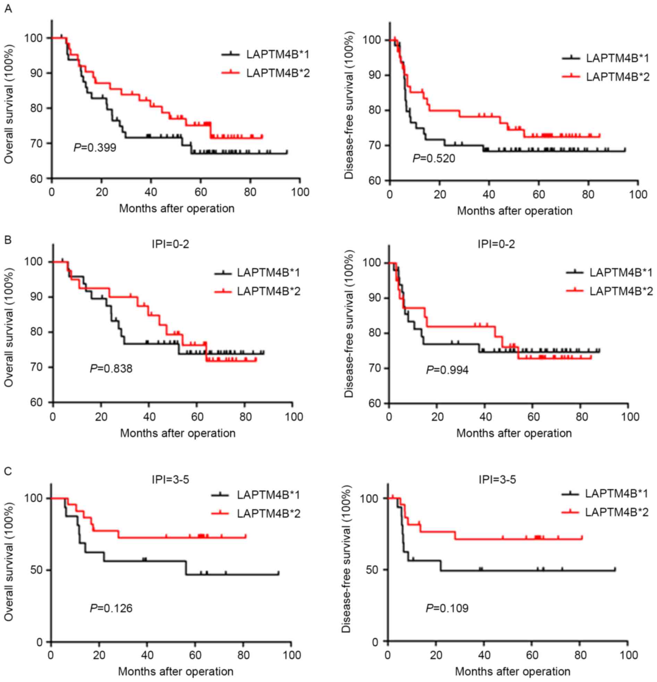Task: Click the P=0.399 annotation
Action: pyautogui.click(x=95, y=147)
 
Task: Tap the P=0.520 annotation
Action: pyautogui.click(x=433, y=159)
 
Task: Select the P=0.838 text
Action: pyautogui.click(x=111, y=368)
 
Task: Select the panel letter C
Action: pyautogui.click(x=8, y=471)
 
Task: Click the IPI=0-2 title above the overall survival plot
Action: pyautogui.click(x=170, y=244)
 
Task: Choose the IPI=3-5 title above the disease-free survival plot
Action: pyautogui.click(x=497, y=480)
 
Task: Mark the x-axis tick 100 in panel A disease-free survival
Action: pyautogui.click(x=638, y=194)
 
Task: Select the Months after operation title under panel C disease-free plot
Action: pyautogui.click(x=512, y=671)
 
